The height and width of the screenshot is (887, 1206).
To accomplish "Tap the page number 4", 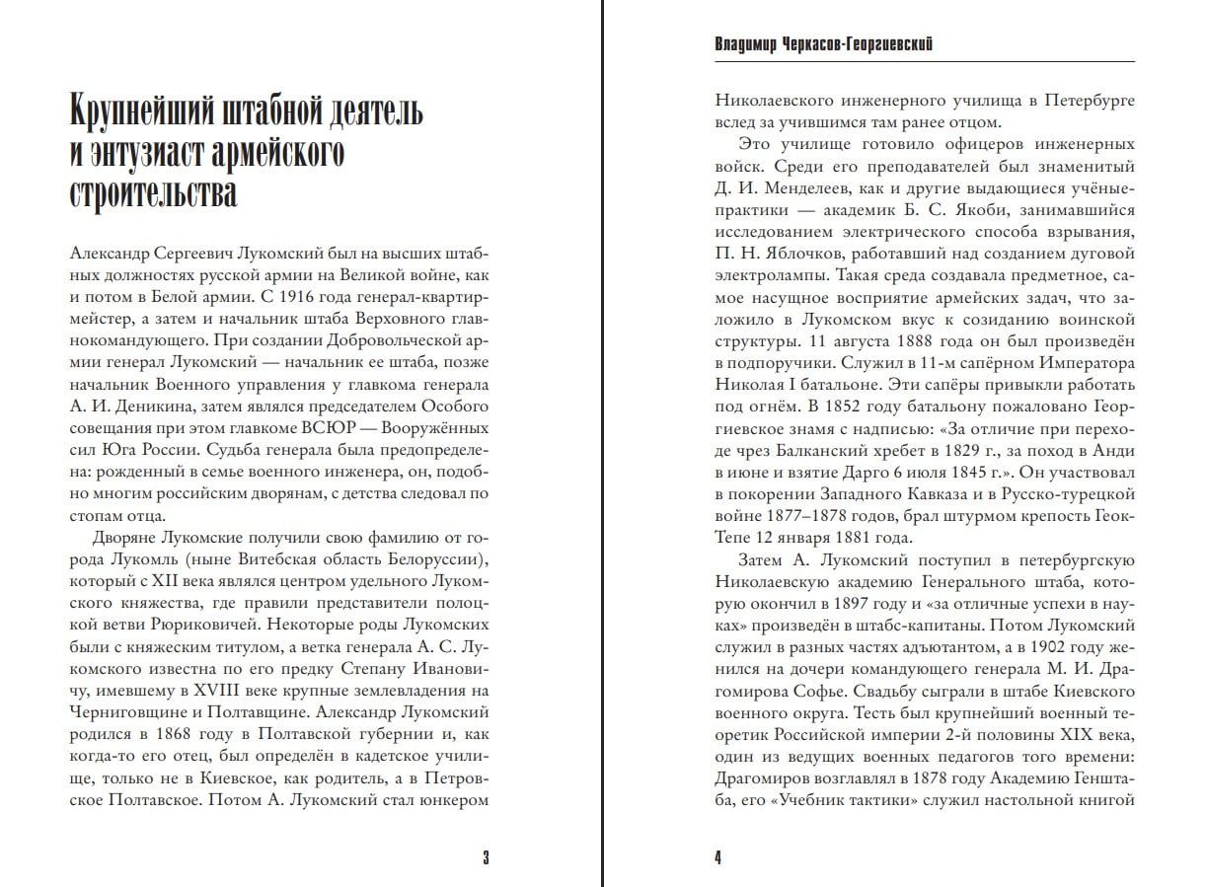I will pyautogui.click(x=717, y=856).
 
